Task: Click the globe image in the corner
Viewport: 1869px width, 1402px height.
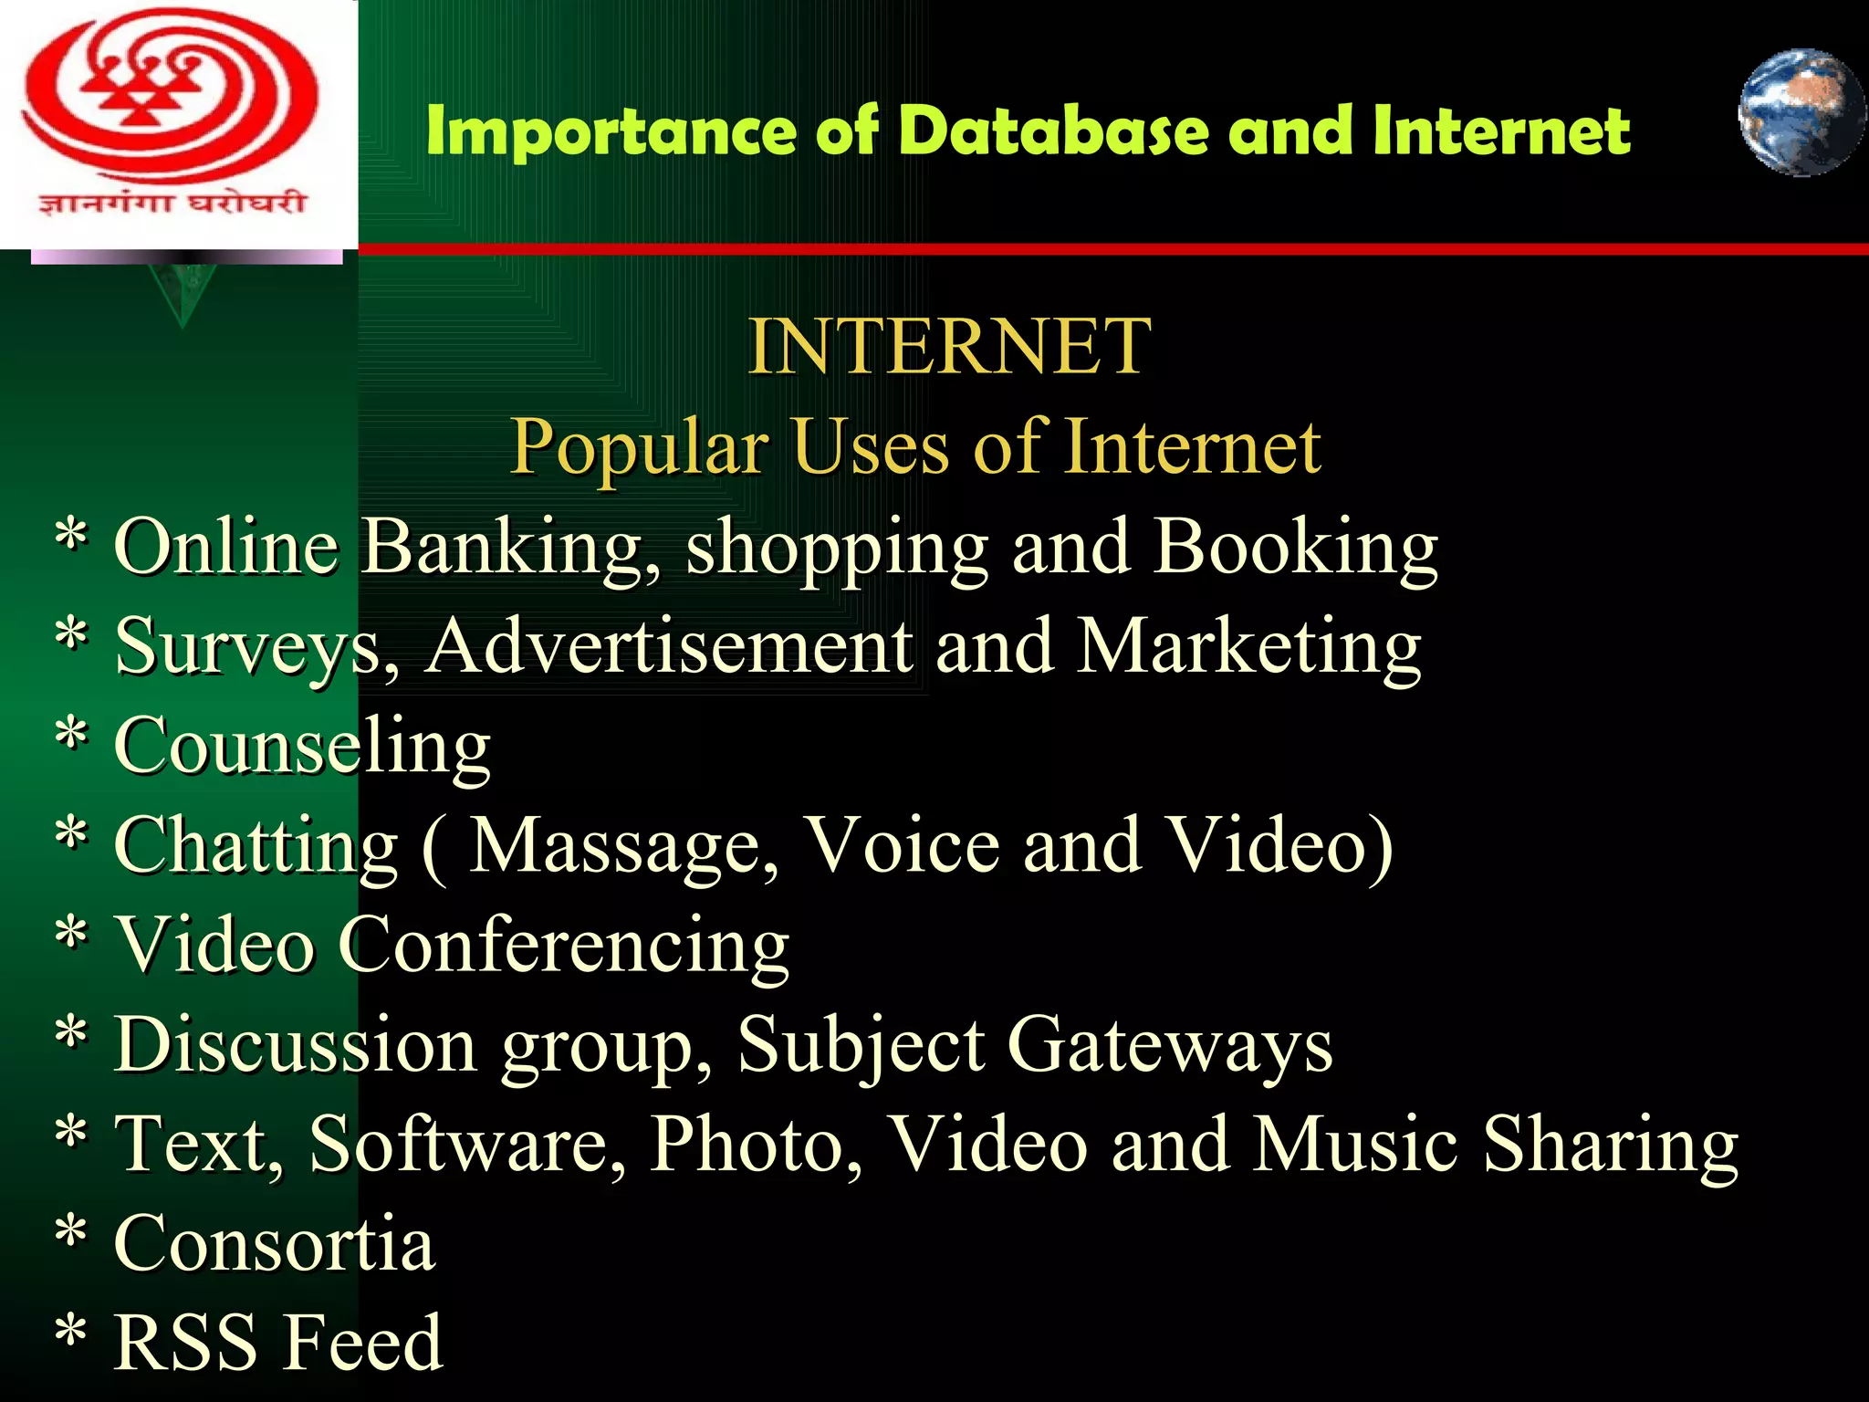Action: (x=1801, y=112)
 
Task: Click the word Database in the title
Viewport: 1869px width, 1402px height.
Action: (x=1056, y=131)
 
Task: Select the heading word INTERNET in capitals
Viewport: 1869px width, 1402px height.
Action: (x=949, y=347)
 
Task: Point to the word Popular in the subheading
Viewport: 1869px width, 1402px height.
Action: (x=639, y=447)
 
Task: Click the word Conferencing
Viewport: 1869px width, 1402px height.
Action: (x=563, y=947)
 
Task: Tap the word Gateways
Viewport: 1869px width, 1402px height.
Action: (x=1170, y=1046)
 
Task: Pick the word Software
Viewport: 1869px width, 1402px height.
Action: (x=467, y=1146)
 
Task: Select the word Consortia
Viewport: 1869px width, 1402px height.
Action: (x=275, y=1244)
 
